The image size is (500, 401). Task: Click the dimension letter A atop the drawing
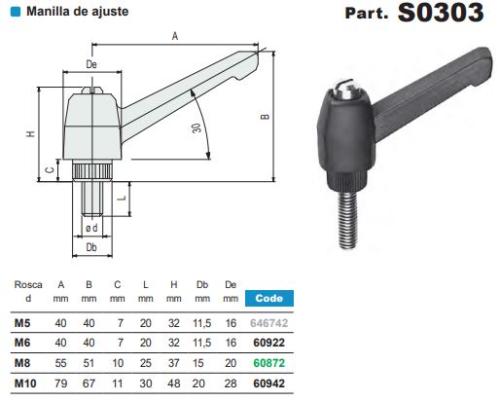coord(174,35)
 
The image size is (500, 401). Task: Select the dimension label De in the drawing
coord(91,64)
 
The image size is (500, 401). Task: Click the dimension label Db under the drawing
coord(91,248)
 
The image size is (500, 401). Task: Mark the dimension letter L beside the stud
coord(123,198)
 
